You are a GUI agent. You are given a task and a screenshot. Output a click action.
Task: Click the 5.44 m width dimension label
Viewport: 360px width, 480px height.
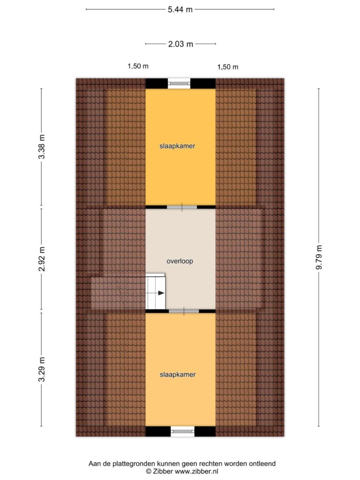180,9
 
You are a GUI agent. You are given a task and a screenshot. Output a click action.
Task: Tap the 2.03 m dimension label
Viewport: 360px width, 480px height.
180,44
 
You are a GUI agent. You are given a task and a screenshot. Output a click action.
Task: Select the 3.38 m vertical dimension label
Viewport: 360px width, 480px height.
42,147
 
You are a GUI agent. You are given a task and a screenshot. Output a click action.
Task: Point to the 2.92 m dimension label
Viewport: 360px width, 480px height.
42,259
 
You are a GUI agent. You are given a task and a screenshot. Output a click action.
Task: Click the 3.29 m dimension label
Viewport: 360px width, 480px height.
42,369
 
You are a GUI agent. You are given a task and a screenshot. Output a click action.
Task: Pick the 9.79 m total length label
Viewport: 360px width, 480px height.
319,257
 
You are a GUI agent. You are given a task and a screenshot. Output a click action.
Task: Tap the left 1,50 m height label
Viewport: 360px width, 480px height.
138,66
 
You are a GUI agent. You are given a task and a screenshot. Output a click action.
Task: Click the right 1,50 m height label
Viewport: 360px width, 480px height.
228,67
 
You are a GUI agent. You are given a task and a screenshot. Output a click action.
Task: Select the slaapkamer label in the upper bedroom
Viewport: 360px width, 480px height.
177,146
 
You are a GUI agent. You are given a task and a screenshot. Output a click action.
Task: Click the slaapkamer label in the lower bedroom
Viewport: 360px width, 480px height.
178,375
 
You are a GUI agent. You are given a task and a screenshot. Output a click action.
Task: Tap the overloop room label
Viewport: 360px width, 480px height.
180,261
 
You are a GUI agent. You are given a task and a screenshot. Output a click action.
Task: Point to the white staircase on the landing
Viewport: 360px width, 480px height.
155,291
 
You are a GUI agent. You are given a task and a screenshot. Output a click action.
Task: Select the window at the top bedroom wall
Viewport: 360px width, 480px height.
179,83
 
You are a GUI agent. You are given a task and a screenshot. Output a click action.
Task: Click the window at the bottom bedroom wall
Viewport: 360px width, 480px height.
182,431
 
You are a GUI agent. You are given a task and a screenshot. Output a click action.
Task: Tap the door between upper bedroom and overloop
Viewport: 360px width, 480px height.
182,207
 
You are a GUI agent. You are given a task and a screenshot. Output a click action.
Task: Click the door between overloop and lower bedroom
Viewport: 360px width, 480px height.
184,311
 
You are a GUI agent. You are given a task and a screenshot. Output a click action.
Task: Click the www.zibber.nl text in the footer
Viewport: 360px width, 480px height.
196,472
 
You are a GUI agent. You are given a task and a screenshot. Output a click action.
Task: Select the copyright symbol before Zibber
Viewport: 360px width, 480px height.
149,472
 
